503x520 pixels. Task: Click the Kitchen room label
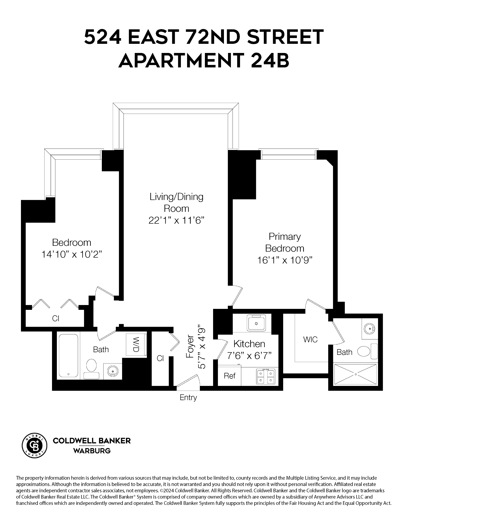(249, 344)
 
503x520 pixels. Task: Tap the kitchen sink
(256, 323)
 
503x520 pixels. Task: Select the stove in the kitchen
(266, 377)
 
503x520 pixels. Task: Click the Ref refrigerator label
(229, 376)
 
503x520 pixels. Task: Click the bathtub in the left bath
(68, 356)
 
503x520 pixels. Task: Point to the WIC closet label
(310, 339)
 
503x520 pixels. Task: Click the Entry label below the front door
(188, 397)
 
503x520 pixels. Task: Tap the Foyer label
(190, 346)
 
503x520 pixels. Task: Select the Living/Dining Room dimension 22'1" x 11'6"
(176, 221)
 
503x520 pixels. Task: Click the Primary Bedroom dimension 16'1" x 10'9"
(285, 260)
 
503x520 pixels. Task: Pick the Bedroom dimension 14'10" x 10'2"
(72, 254)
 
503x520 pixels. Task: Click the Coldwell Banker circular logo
(34, 445)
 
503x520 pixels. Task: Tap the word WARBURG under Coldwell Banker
(92, 451)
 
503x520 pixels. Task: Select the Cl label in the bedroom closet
(55, 318)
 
